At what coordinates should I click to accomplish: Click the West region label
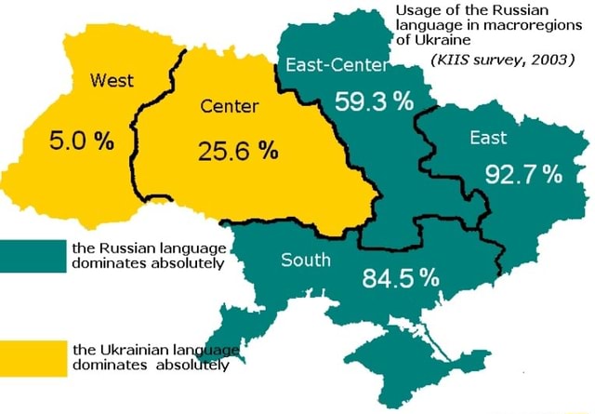point(111,81)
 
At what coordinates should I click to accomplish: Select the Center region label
point(229,107)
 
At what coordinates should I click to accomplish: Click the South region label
point(306,260)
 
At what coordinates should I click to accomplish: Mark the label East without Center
point(488,138)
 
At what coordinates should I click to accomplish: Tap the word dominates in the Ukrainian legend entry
point(105,366)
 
